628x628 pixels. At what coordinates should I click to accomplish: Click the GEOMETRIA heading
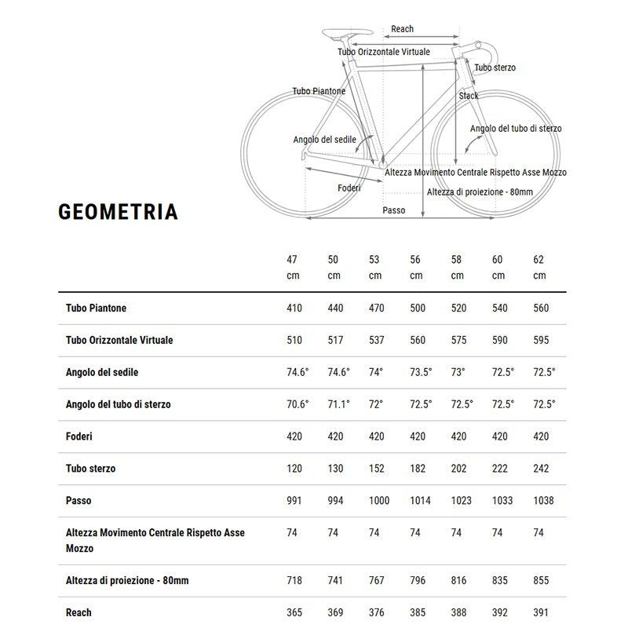point(118,212)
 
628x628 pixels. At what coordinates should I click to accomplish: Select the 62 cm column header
point(539,267)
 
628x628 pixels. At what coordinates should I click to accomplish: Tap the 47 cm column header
point(293,267)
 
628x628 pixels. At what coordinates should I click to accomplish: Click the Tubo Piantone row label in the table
point(97,309)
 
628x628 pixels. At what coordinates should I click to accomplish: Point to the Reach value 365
point(294,612)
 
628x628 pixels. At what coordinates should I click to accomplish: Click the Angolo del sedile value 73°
point(458,372)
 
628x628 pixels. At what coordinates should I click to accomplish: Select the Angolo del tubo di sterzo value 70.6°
point(298,404)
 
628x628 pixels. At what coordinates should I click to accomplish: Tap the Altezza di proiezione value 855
point(541,581)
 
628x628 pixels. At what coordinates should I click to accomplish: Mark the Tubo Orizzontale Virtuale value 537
point(376,341)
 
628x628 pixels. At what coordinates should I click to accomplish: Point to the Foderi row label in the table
point(79,436)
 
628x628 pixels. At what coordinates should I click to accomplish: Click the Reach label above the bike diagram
point(402,29)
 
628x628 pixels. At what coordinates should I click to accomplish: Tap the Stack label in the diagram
point(469,96)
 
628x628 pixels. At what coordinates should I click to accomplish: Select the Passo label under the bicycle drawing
point(394,210)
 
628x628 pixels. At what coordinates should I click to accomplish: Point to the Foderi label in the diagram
point(349,188)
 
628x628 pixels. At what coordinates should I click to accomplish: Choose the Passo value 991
point(294,501)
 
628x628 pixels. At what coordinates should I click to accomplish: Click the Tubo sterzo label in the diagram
point(495,68)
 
